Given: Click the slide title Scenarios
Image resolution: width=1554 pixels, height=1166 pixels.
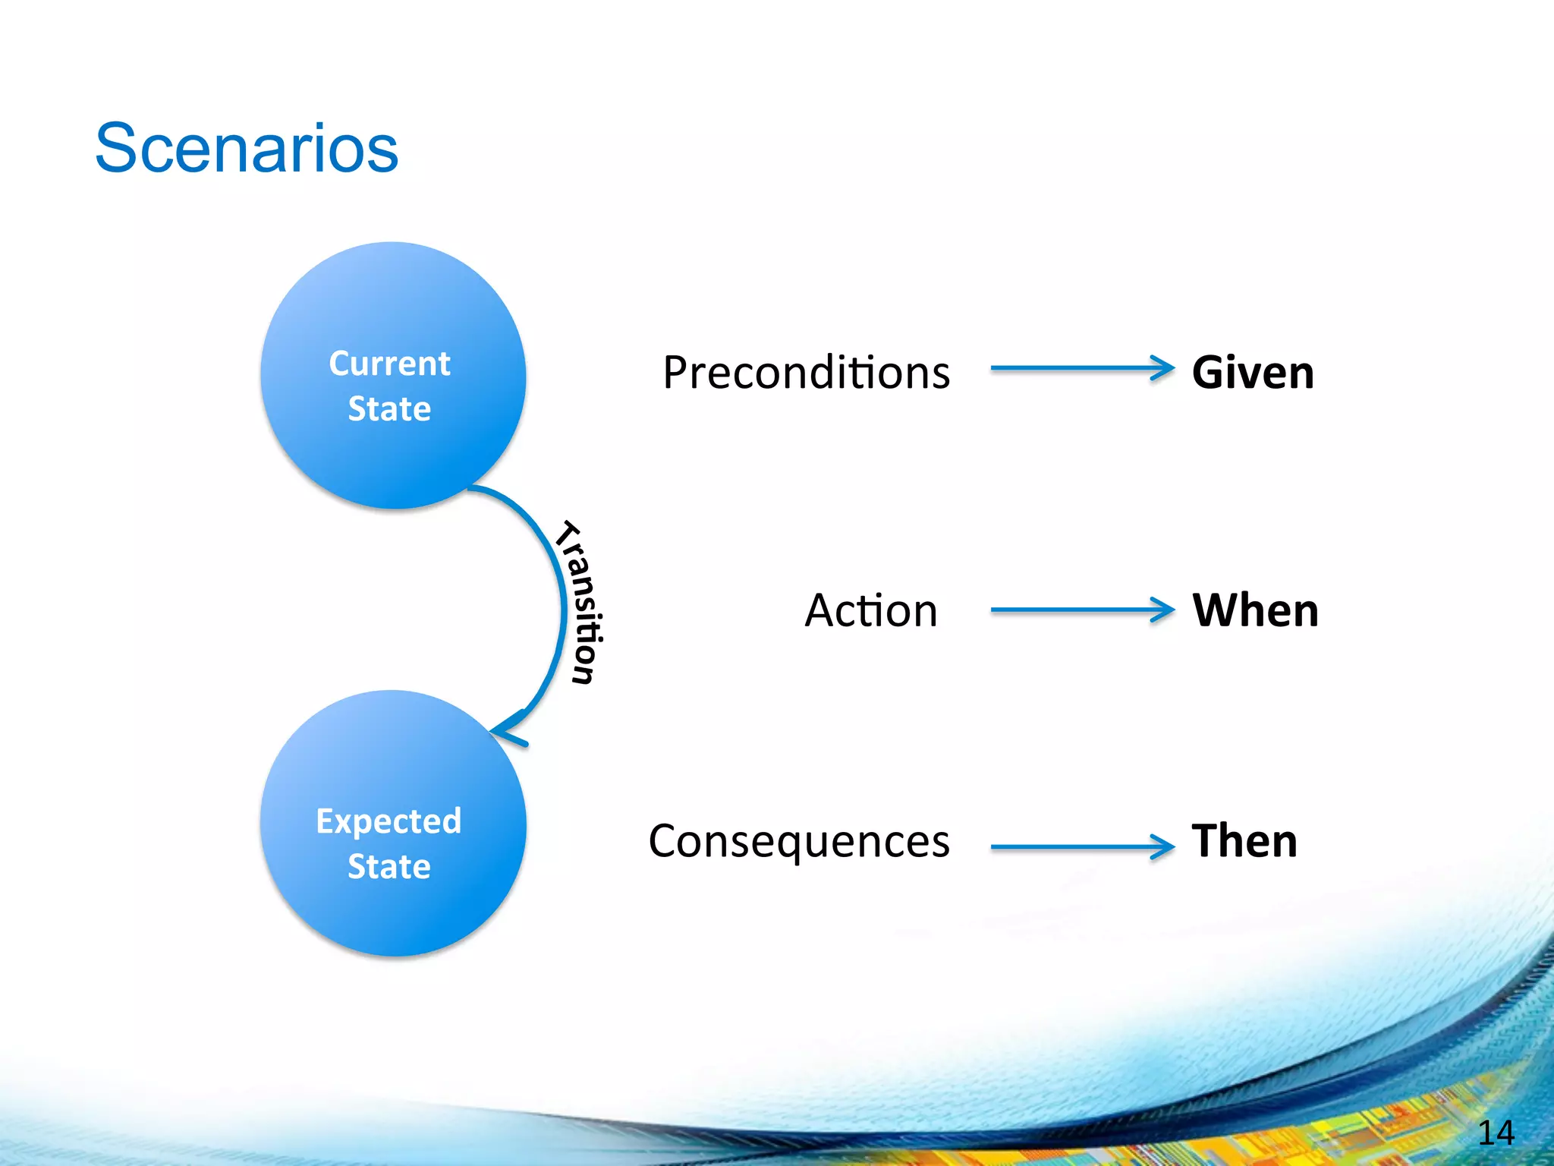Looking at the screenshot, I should click(247, 148).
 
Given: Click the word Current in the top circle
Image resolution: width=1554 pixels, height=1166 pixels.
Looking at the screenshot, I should click(389, 364).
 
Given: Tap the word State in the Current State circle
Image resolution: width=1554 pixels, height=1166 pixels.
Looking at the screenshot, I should click(389, 408).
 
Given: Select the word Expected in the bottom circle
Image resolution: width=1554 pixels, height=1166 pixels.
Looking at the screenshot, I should click(388, 822).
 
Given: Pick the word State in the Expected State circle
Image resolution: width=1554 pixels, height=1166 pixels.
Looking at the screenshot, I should click(389, 866).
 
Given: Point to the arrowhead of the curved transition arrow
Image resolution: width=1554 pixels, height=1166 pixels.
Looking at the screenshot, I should click(507, 730).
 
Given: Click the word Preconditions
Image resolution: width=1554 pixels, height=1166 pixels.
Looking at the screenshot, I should click(806, 373).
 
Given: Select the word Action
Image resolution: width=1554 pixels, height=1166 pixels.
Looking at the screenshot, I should click(871, 610).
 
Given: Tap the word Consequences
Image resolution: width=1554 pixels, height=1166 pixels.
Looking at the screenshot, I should click(799, 841).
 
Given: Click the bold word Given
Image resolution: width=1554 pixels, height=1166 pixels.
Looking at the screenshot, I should click(1253, 373).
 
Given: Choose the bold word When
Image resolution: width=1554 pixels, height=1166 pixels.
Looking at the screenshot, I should click(1255, 610).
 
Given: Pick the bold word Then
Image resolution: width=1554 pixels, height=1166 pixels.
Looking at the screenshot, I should click(1244, 841).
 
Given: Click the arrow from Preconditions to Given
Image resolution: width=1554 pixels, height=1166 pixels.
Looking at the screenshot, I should click(1077, 368).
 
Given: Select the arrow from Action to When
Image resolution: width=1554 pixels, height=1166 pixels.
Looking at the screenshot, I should click(1077, 610).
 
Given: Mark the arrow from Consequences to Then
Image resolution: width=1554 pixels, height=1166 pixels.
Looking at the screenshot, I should click(1077, 847).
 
